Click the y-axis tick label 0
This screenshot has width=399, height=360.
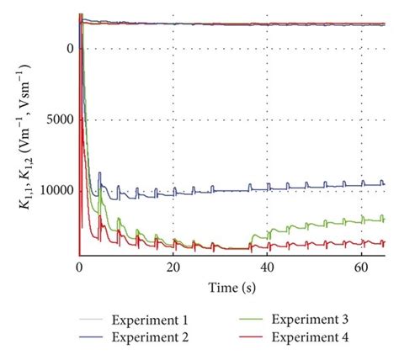pyautogui.click(x=69, y=48)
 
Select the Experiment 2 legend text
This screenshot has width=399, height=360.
pyautogui.click(x=156, y=337)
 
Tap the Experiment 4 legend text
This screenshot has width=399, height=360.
pyautogui.click(x=310, y=337)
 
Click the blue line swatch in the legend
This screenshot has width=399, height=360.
pyautogui.click(x=97, y=338)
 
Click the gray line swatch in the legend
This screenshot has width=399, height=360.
pyautogui.click(x=97, y=321)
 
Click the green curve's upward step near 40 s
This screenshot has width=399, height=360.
pyautogui.click(x=268, y=232)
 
